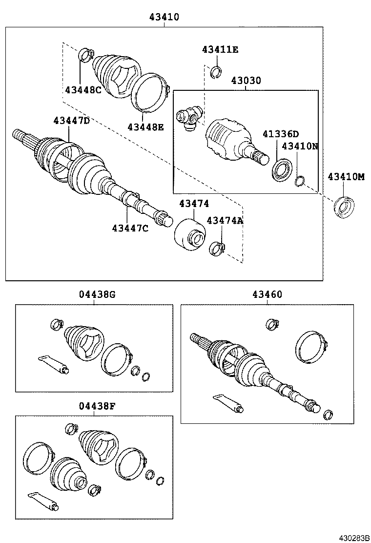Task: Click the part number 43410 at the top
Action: click(164, 17)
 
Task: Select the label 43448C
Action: click(83, 89)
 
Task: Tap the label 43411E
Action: click(220, 49)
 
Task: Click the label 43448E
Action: click(145, 127)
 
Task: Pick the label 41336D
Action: click(281, 134)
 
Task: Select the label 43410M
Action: click(346, 177)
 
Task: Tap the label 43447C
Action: click(130, 228)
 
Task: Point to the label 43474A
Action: click(225, 220)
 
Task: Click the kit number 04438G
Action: click(97, 294)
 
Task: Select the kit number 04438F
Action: click(97, 405)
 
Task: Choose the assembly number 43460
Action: click(267, 294)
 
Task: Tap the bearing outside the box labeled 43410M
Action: click(343, 206)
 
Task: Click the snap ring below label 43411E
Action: click(216, 73)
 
